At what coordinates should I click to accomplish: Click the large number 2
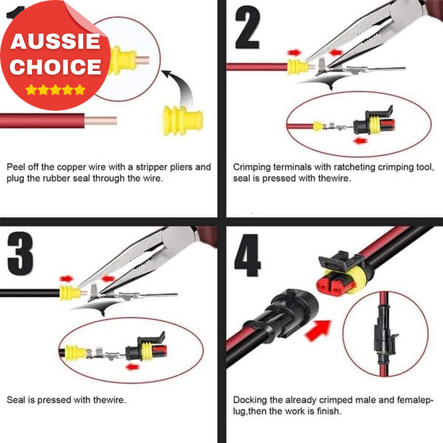click(x=248, y=27)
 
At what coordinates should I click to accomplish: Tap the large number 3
click(x=20, y=254)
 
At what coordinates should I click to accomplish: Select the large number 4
click(x=248, y=255)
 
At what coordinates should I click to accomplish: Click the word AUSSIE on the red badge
click(x=55, y=42)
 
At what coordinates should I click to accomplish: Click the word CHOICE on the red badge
click(x=55, y=66)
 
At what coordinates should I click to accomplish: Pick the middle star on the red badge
click(x=55, y=90)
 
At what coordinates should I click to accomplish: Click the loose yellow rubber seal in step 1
click(x=183, y=121)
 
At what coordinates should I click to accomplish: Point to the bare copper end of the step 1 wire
click(x=101, y=121)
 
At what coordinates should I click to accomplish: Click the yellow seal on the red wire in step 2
click(x=297, y=67)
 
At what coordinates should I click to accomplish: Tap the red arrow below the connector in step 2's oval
click(x=360, y=141)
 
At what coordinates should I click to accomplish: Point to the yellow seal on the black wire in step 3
click(x=70, y=293)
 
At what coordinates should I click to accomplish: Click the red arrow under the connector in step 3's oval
click(x=132, y=367)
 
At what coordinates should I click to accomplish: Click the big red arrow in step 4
click(x=319, y=330)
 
